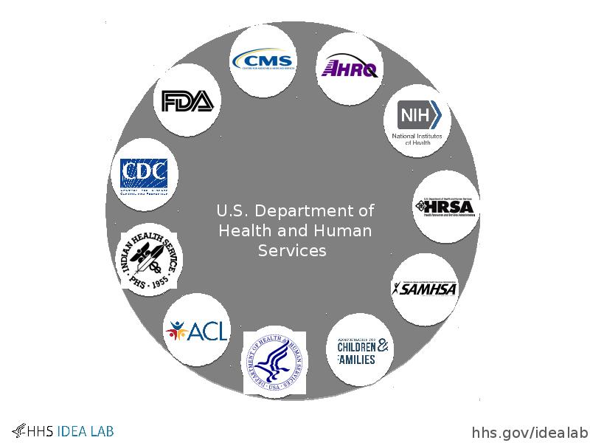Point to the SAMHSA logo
click(424, 289)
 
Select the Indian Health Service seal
click(151, 259)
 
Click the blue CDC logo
click(148, 175)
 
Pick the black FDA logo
click(187, 101)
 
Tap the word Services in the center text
click(292, 250)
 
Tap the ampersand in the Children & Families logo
click(384, 346)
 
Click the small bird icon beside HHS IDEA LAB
click(18, 430)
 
